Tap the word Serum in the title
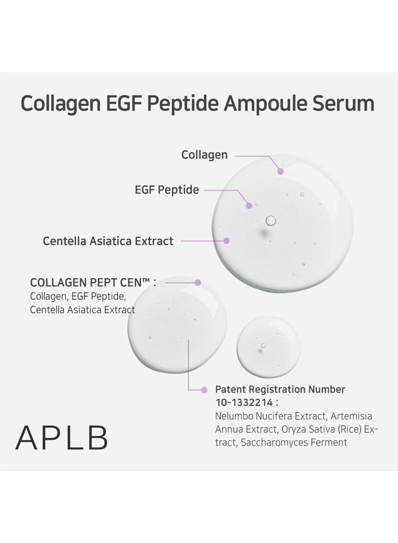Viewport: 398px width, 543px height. click(346, 103)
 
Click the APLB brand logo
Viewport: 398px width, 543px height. click(62, 438)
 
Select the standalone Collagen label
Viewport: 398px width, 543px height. click(204, 155)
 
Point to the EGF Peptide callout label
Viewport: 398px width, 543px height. click(166, 190)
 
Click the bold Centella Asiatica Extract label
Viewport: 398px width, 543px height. click(108, 241)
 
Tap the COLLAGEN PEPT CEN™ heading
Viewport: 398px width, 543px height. click(93, 282)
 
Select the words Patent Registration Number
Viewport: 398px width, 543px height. click(280, 389)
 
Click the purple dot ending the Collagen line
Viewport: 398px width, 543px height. click(280, 171)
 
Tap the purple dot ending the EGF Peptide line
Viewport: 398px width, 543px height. click(248, 206)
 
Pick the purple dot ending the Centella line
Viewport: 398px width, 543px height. click(227, 240)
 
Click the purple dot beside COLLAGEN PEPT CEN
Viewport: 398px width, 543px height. click(198, 282)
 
